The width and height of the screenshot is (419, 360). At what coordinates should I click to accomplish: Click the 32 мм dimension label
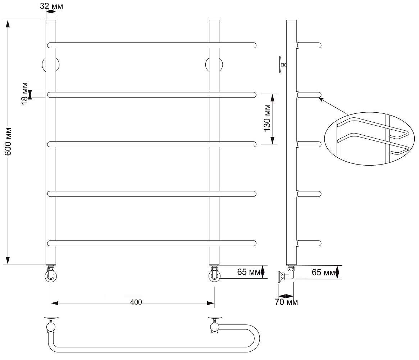(51, 6)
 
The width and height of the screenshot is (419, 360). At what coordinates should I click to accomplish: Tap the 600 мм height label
(8, 141)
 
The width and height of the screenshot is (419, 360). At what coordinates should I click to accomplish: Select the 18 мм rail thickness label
(24, 93)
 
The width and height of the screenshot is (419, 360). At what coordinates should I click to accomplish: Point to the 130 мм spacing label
(267, 118)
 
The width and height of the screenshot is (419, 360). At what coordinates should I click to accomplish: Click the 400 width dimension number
(136, 302)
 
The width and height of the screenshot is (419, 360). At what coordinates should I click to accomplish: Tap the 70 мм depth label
(286, 302)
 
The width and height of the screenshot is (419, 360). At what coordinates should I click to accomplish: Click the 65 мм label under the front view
(249, 272)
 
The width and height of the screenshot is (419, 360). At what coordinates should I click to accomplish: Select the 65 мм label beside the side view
(323, 272)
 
